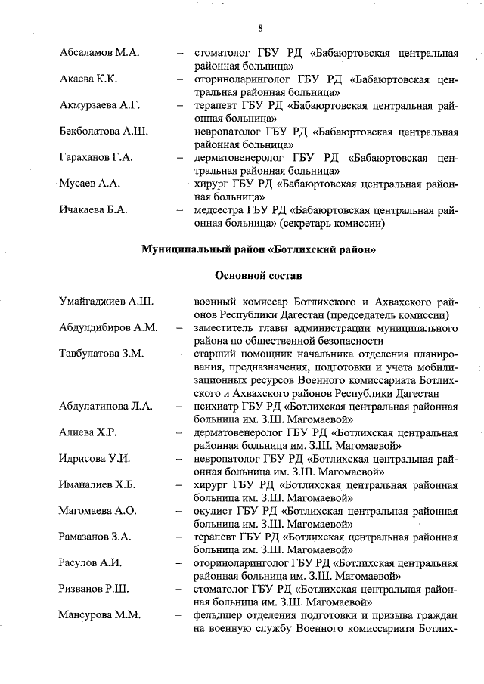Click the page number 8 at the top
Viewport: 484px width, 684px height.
(x=259, y=29)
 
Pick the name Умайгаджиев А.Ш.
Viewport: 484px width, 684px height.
(x=107, y=302)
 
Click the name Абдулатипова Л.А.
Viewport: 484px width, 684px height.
(x=106, y=406)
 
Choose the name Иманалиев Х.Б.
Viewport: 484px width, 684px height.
(x=97, y=484)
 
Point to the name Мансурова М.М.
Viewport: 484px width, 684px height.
(x=100, y=614)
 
